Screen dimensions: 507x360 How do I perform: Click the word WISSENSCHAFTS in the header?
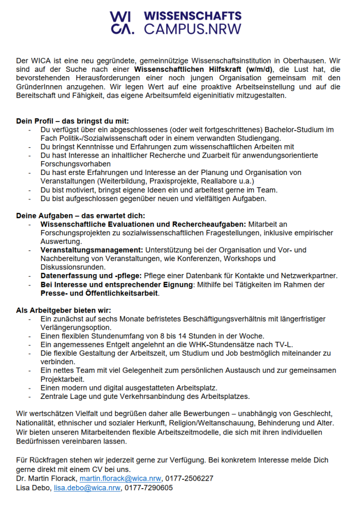pyautogui.click(x=193, y=16)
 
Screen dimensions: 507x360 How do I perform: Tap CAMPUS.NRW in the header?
pyautogui.click(x=193, y=29)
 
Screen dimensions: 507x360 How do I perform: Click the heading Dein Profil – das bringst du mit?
pyautogui.click(x=72, y=121)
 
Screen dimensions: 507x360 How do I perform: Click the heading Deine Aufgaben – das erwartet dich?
pyautogui.click(x=80, y=216)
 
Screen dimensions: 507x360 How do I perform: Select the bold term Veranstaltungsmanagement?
pyautogui.click(x=92, y=250)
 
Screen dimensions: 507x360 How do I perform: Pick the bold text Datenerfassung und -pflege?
pyautogui.click(x=91, y=276)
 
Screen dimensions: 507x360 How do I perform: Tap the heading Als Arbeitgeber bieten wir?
pyautogui.click(x=63, y=310)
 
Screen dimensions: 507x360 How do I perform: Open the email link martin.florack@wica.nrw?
pyautogui.click(x=121, y=478)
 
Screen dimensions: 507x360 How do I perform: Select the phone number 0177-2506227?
pyautogui.click(x=190, y=478)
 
